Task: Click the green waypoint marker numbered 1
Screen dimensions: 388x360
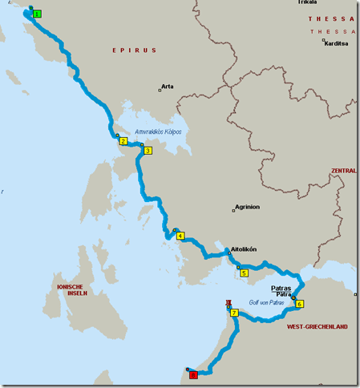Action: coord(38,14)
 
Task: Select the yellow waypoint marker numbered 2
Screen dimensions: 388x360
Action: coord(123,141)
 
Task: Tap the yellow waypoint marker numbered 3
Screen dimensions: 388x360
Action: coord(147,150)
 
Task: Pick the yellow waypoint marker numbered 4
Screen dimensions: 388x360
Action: coord(180,236)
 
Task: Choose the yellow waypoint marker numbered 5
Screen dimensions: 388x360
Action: coord(244,273)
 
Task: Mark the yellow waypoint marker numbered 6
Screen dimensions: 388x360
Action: coord(299,304)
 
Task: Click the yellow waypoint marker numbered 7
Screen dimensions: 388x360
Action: coord(235,313)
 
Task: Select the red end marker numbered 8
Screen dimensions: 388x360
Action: coord(192,374)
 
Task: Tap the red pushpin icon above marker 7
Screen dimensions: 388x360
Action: coord(229,303)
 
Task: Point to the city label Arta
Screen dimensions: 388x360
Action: coord(168,85)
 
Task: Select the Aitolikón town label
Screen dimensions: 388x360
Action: coord(244,249)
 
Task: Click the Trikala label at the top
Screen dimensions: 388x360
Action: coord(307,2)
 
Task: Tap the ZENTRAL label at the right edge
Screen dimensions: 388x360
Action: coord(343,171)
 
